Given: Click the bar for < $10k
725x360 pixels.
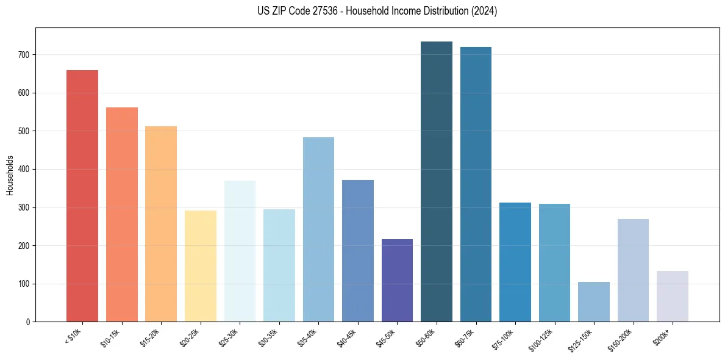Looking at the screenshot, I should tap(82, 196).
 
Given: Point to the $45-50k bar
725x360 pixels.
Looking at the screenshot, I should tap(397, 281).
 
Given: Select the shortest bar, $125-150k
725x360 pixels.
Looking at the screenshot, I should tap(593, 302).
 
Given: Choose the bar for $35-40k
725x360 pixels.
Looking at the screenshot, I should tap(318, 229).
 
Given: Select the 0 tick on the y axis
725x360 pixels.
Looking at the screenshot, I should tap(28, 322).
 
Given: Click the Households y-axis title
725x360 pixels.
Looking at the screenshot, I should tap(10, 175).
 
